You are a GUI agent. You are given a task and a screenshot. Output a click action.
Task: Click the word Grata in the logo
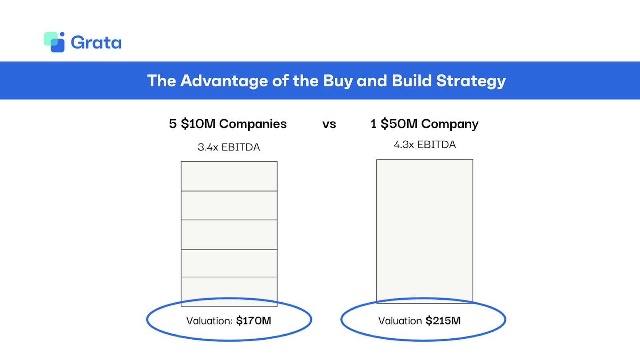[96, 42]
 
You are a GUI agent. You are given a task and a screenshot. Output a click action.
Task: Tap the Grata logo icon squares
[54, 42]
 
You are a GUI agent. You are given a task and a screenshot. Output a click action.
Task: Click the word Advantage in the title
[224, 81]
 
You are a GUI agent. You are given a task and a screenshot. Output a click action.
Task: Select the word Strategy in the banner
[471, 81]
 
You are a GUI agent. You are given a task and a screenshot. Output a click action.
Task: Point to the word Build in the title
[412, 81]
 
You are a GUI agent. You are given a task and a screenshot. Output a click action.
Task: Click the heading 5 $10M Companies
[228, 124]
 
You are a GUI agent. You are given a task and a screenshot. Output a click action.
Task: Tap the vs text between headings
[329, 124]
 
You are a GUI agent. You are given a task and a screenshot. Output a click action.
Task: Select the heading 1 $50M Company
[424, 124]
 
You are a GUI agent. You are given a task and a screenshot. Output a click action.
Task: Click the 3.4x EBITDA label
[229, 147]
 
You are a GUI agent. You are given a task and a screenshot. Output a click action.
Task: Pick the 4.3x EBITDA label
[424, 144]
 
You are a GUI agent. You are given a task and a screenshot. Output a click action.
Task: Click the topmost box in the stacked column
[229, 176]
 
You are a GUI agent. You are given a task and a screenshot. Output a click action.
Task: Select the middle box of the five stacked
[229, 234]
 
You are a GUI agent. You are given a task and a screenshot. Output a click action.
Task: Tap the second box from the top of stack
[229, 205]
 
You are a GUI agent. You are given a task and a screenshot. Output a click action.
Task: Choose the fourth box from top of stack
[229, 263]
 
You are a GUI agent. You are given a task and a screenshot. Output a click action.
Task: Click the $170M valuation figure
[254, 321]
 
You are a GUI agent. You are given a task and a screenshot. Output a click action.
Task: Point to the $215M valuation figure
[443, 321]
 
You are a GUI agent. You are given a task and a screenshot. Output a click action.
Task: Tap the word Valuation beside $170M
[209, 321]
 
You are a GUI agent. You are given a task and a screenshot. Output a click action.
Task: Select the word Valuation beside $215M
[400, 321]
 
